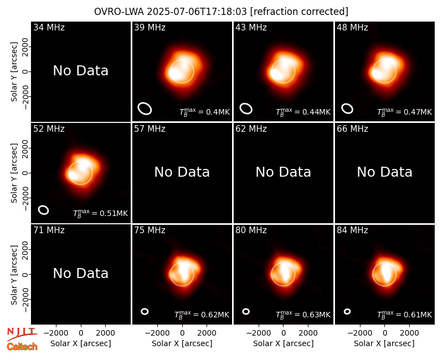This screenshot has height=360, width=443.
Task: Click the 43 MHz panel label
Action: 251,27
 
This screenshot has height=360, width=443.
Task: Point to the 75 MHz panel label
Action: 150,230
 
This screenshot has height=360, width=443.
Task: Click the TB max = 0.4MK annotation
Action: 204,112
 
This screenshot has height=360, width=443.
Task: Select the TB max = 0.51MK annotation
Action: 101,213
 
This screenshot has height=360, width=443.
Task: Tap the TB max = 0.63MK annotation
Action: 303,315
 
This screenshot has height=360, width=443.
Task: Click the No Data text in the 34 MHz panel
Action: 80,71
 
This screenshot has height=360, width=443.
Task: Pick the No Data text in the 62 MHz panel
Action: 283,172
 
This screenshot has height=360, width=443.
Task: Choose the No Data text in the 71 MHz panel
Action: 80,273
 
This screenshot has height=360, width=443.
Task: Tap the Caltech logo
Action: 22,347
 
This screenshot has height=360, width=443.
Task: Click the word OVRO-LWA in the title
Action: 119,12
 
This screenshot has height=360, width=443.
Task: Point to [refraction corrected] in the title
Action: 299,12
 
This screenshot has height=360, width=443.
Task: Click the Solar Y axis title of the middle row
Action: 14,173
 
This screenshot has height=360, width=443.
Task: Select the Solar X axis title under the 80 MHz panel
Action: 283,343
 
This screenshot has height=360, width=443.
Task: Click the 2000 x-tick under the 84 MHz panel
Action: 409,333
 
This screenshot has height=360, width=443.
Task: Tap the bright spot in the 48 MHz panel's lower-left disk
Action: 377,74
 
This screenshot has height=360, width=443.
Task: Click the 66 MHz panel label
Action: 352,129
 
